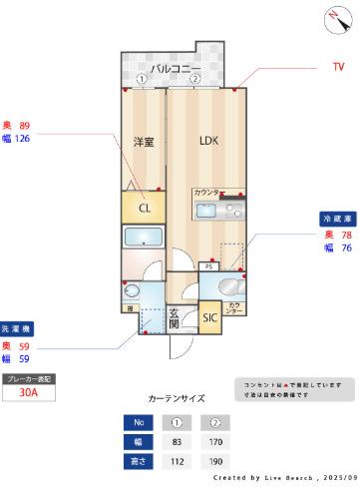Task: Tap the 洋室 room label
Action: pos(144,142)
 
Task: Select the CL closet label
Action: pos(145,209)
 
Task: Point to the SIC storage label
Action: pos(210,318)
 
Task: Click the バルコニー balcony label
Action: pos(176,67)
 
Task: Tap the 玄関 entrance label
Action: pos(174,317)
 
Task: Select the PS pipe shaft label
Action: pos(208,266)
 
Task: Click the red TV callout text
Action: pos(338,67)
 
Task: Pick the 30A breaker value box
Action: pos(29,393)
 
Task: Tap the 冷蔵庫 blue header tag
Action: pos(334,217)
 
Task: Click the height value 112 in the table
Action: pos(176,461)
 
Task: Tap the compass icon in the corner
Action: pos(332,16)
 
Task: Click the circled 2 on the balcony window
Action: pos(195,79)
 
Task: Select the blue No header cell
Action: pos(140,422)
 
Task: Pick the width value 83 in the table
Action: pos(176,441)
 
